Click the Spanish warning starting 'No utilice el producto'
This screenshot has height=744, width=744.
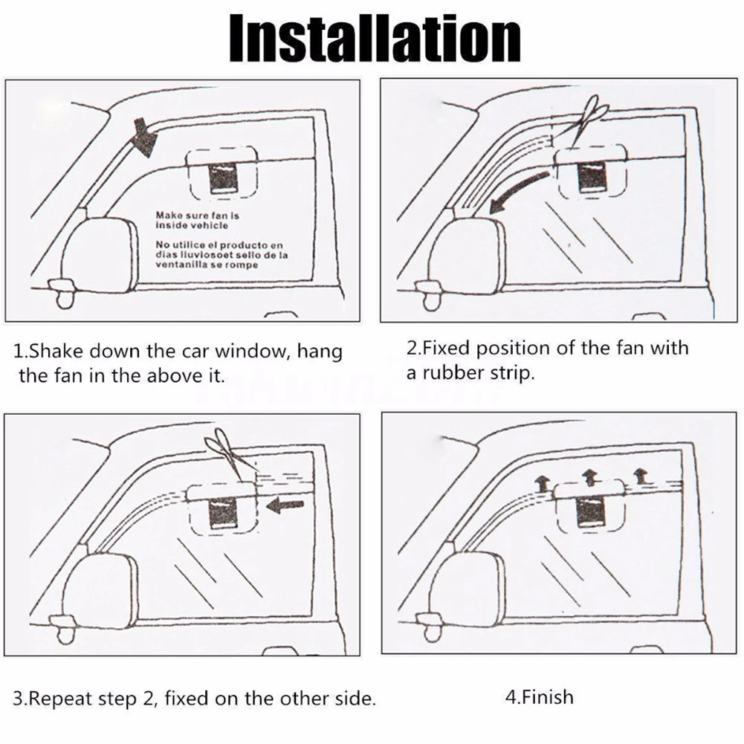[x=219, y=254]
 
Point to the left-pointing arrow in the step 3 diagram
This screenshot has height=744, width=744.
[x=285, y=506]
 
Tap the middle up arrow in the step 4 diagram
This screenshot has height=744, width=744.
[x=589, y=475]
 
